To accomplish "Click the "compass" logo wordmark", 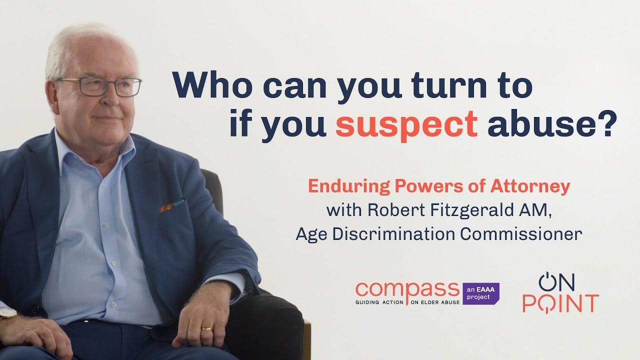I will pos(407,290).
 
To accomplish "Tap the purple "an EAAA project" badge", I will pos(480,293).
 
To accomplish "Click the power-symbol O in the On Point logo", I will pos(547,282).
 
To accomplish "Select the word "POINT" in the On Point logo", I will pos(560,303).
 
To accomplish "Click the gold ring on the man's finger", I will pos(206,329).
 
